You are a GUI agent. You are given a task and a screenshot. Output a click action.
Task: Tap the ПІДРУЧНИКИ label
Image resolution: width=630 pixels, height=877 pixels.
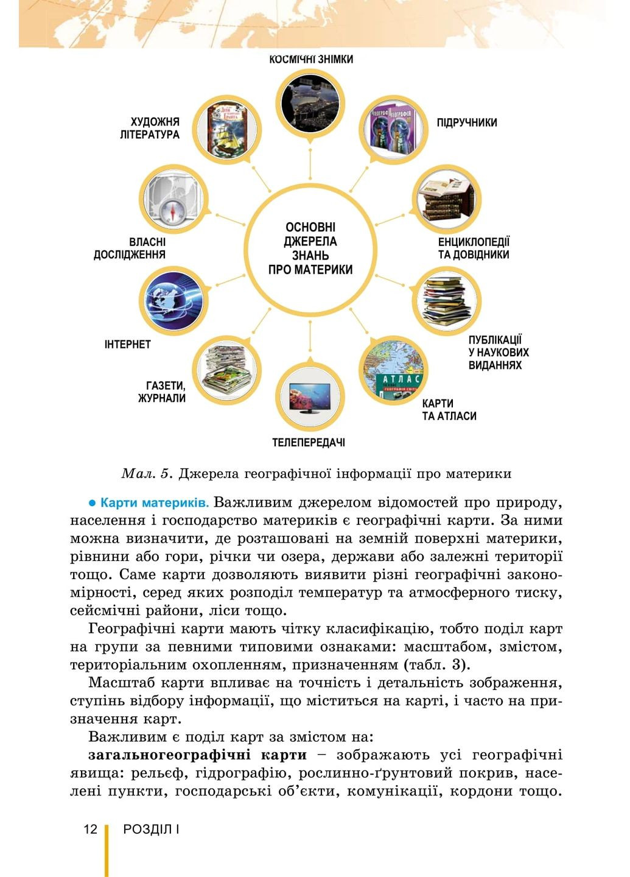point(466,122)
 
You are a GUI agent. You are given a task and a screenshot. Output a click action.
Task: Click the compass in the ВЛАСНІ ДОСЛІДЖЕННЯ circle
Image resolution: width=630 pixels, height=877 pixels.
point(173,211)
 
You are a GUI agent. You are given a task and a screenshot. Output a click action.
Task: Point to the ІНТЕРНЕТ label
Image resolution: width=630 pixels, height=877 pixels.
point(127,345)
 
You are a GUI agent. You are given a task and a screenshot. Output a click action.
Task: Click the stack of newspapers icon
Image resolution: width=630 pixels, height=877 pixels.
point(226,370)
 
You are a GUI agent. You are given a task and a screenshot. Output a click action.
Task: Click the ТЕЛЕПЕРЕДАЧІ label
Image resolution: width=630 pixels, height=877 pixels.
point(309,443)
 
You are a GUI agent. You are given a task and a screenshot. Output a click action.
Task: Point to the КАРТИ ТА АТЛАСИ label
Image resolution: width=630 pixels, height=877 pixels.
point(449,410)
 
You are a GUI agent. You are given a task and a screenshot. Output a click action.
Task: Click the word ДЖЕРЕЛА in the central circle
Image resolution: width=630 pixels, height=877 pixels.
point(310,241)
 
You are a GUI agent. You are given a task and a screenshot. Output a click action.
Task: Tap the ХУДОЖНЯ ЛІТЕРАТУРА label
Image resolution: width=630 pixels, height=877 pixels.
point(150,129)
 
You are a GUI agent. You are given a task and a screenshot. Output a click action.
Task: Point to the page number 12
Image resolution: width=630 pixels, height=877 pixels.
point(90,829)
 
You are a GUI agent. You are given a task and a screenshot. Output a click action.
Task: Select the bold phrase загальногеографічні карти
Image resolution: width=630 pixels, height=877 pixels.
point(197,755)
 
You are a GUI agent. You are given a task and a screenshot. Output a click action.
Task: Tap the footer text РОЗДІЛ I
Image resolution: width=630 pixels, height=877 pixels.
point(151,829)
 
